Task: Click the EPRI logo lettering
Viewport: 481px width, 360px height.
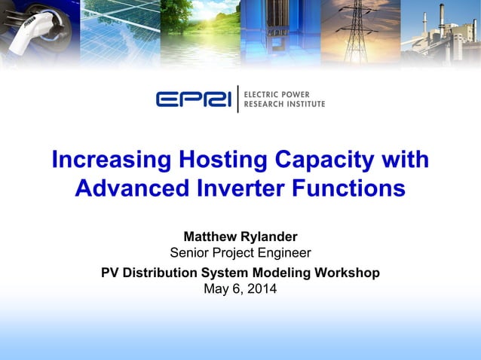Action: (194, 99)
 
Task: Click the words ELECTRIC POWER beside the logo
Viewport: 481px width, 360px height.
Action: (282, 93)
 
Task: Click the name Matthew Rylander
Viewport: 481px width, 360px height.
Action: (240, 236)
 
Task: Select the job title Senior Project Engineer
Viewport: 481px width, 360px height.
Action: (240, 252)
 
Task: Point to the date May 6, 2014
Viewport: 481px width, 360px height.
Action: (240, 288)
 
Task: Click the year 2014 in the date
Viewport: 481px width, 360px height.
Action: (262, 288)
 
